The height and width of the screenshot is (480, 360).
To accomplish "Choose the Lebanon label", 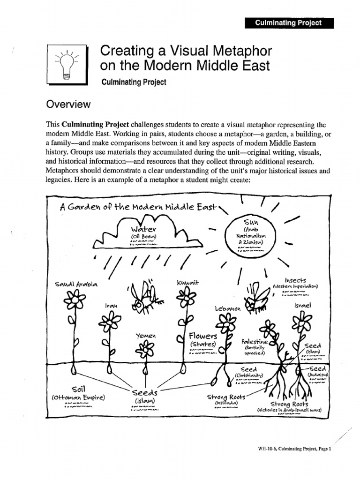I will click(227, 309).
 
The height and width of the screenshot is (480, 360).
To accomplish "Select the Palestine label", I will click(255, 342).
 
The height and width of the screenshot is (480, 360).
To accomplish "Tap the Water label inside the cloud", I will click(142, 229).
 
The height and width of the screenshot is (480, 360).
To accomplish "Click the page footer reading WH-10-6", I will click(294, 449).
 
